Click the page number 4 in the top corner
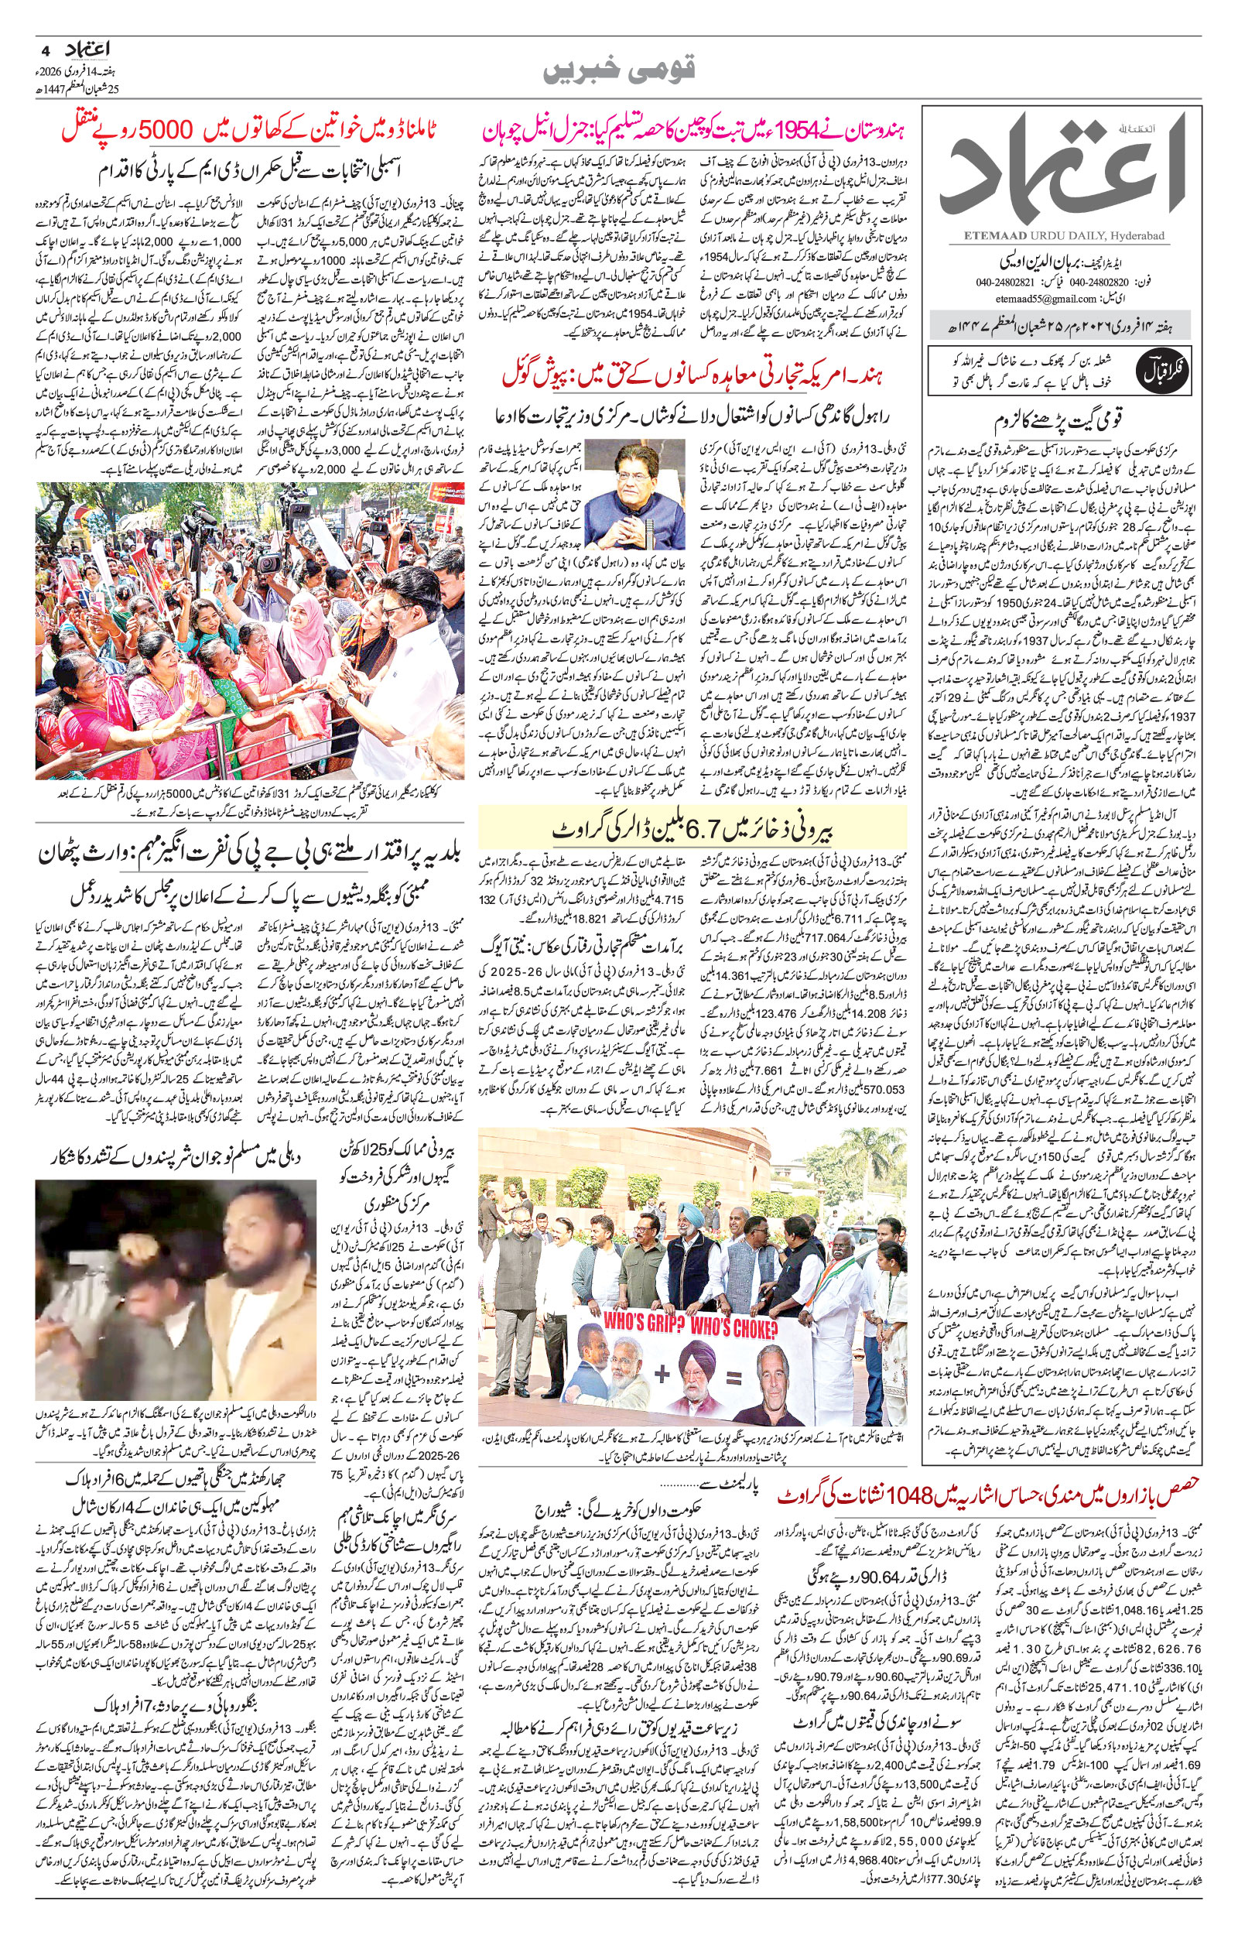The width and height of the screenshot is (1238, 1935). coord(46,49)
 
